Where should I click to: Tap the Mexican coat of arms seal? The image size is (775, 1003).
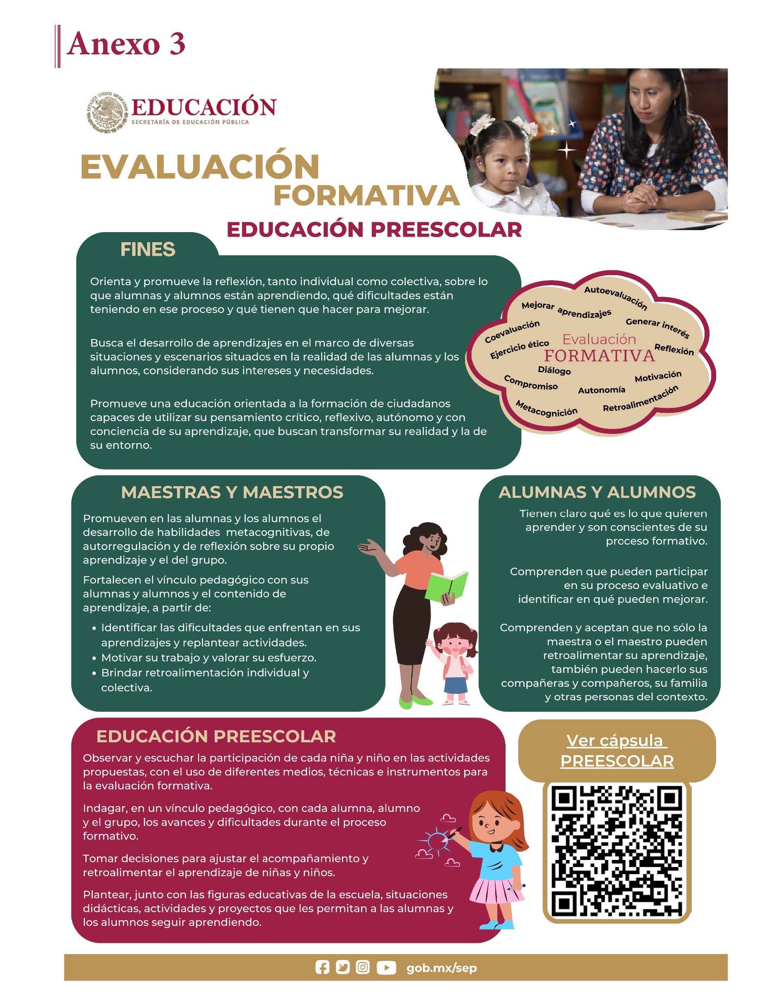coord(107,110)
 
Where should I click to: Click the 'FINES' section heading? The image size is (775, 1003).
coord(148,250)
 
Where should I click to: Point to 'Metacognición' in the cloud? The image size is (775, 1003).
coord(546,408)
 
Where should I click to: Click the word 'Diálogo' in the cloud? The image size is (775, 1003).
coord(554,370)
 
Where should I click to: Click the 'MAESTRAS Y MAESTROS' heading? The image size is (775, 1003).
coord(232,492)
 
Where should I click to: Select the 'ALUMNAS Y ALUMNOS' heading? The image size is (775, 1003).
coord(597,492)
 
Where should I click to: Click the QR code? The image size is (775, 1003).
coord(617,853)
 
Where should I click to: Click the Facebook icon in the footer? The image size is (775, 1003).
coord(322,968)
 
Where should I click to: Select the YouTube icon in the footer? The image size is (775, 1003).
coord(386,968)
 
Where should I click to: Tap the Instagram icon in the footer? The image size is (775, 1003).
coord(363,968)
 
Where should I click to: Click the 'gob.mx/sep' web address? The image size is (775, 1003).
coord(442,968)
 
